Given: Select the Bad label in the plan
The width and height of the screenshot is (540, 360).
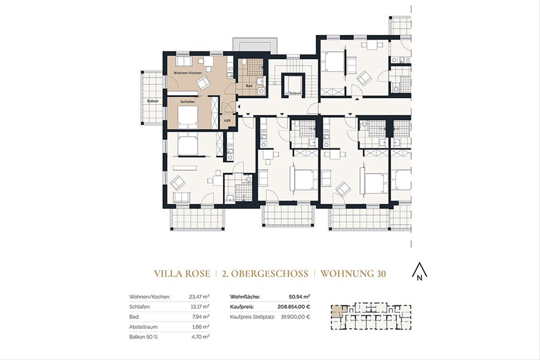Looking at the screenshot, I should pos(249,85).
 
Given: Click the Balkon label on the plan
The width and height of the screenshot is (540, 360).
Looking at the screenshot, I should pos(153,101).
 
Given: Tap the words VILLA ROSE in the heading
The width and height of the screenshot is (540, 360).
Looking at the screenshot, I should pos(182,274).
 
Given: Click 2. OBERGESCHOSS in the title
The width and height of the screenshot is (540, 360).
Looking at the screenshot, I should pos(265,274).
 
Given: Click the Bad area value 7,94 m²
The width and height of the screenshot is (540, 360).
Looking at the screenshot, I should pos(201,316).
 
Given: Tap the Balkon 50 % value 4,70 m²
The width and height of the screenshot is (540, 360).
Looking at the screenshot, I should pos(201,336).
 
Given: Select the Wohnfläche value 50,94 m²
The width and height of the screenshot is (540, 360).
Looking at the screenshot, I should pos(299,297).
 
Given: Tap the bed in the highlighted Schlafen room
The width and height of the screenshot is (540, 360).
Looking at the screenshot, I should pos(187,118).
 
